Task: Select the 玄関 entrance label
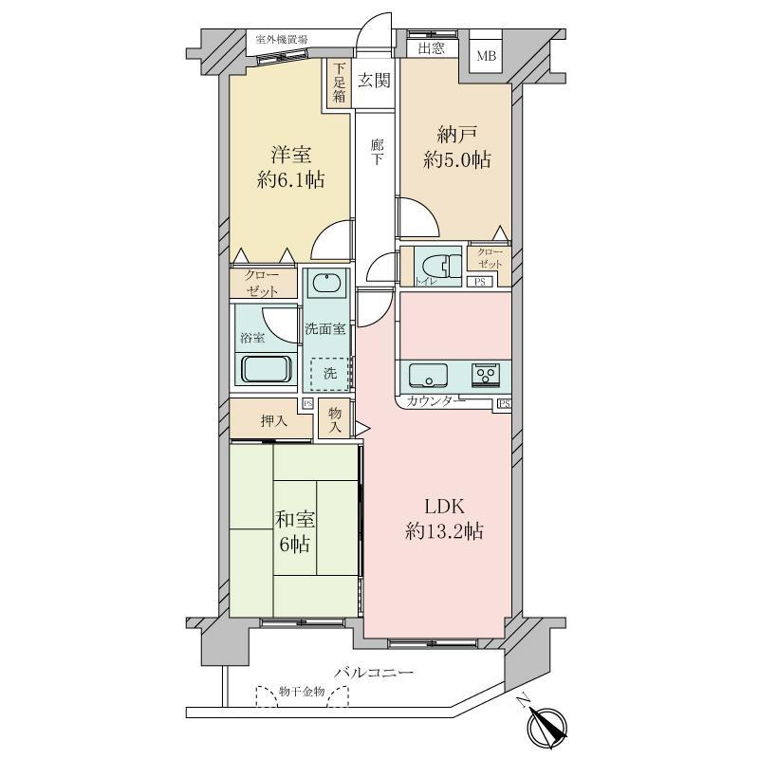pyautogui.click(x=374, y=81)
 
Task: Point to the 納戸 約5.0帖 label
pyautogui.click(x=456, y=147)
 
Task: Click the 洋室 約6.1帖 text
pyautogui.click(x=291, y=166)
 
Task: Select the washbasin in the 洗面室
pyautogui.click(x=325, y=284)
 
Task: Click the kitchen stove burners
pyautogui.click(x=489, y=375)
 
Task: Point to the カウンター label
pyautogui.click(x=435, y=402)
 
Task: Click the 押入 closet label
pyautogui.click(x=274, y=420)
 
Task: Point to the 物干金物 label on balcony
pyautogui.click(x=303, y=693)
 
